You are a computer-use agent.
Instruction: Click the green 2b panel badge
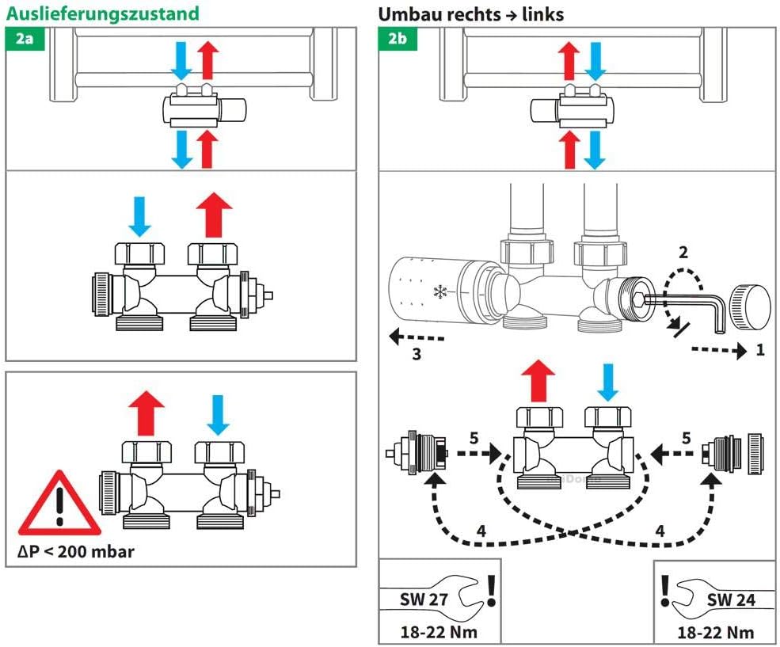coord(398,38)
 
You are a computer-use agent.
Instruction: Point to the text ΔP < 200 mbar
coord(76,551)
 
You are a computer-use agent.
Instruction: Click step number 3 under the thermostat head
coord(417,354)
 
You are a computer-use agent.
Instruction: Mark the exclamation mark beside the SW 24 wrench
coord(665,590)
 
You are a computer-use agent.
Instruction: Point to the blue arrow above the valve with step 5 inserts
coord(608,382)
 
